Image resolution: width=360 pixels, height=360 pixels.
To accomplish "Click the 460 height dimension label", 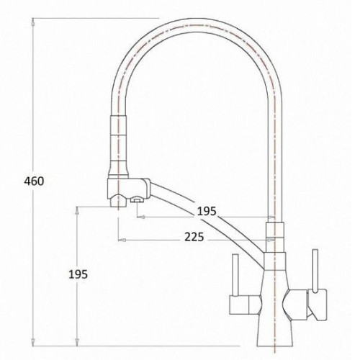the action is [x=34, y=181].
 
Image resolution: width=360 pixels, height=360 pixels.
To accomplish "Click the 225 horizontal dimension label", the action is [x=194, y=237].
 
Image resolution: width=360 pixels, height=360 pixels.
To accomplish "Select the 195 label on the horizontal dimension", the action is [x=207, y=211].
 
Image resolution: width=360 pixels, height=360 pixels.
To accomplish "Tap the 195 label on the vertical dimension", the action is [x=78, y=274].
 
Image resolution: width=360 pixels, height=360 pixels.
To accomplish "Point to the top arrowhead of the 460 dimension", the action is [x=33, y=22].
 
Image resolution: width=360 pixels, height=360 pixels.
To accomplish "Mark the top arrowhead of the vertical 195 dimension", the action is [x=77, y=210].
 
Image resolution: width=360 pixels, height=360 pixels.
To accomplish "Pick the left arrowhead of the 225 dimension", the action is [x=122, y=240].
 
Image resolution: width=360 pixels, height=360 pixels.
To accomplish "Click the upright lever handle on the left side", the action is [x=235, y=276].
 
